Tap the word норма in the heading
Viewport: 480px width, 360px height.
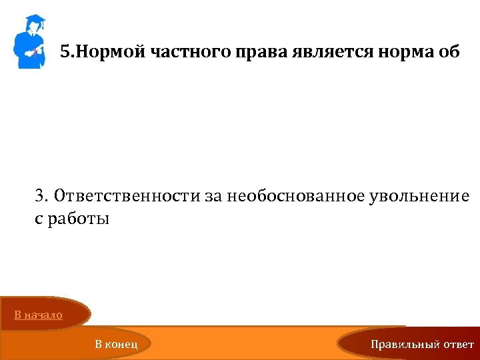click(x=398, y=53)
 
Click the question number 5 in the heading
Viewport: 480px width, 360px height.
click(x=64, y=52)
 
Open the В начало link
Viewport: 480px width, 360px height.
click(x=39, y=315)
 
